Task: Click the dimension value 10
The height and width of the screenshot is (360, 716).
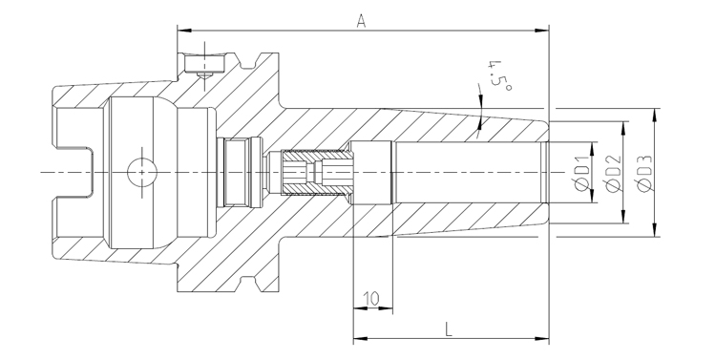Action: coord(372,298)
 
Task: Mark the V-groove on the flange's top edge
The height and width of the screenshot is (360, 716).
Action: coord(254,63)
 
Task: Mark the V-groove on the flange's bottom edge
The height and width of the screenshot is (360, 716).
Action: coord(254,281)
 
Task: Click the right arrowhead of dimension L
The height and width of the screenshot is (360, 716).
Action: coord(545,339)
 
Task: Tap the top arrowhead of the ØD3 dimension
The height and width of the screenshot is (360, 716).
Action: coord(654,113)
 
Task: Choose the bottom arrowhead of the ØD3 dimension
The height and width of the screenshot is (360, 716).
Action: coord(654,231)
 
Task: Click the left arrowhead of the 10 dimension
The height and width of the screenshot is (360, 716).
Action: coord(358,308)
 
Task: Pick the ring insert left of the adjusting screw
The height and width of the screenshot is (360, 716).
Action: coord(239,172)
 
